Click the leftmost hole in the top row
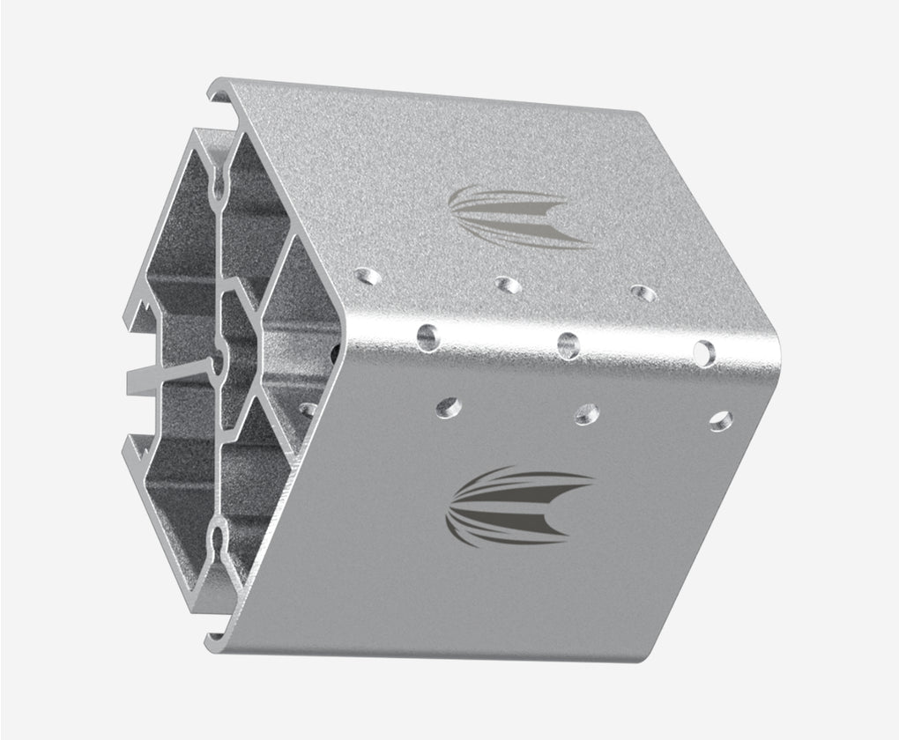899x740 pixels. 368,277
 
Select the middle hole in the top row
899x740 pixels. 506,284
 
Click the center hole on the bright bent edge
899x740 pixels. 568,343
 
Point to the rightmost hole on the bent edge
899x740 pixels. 705,351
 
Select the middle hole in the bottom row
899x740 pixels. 586,412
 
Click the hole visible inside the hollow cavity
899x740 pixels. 308,409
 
